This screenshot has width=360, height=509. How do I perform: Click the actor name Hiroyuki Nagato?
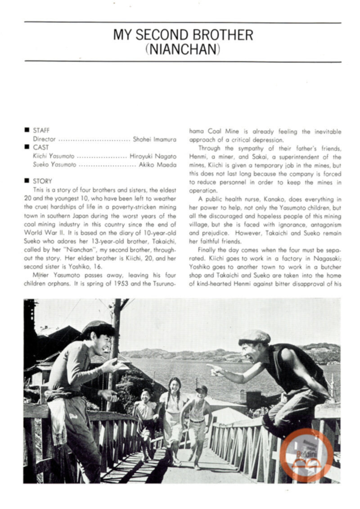[x=153, y=156]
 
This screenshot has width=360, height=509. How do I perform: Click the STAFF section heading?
[x=42, y=131]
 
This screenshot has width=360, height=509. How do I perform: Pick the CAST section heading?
[x=41, y=147]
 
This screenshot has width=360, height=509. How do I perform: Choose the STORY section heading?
[x=43, y=181]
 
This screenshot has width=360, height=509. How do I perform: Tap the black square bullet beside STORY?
[x=27, y=181]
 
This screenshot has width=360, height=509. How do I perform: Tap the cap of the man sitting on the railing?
[x=254, y=336]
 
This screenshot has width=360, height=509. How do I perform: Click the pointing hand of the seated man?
[x=217, y=369]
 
